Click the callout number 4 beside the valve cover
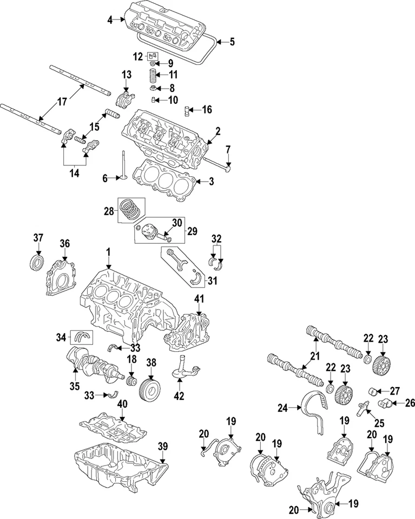click(x=110, y=20)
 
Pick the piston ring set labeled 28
click(x=132, y=208)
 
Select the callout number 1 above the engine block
click(x=108, y=252)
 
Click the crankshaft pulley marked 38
click(x=150, y=382)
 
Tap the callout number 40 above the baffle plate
click(x=122, y=404)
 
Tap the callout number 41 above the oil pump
click(x=199, y=298)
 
